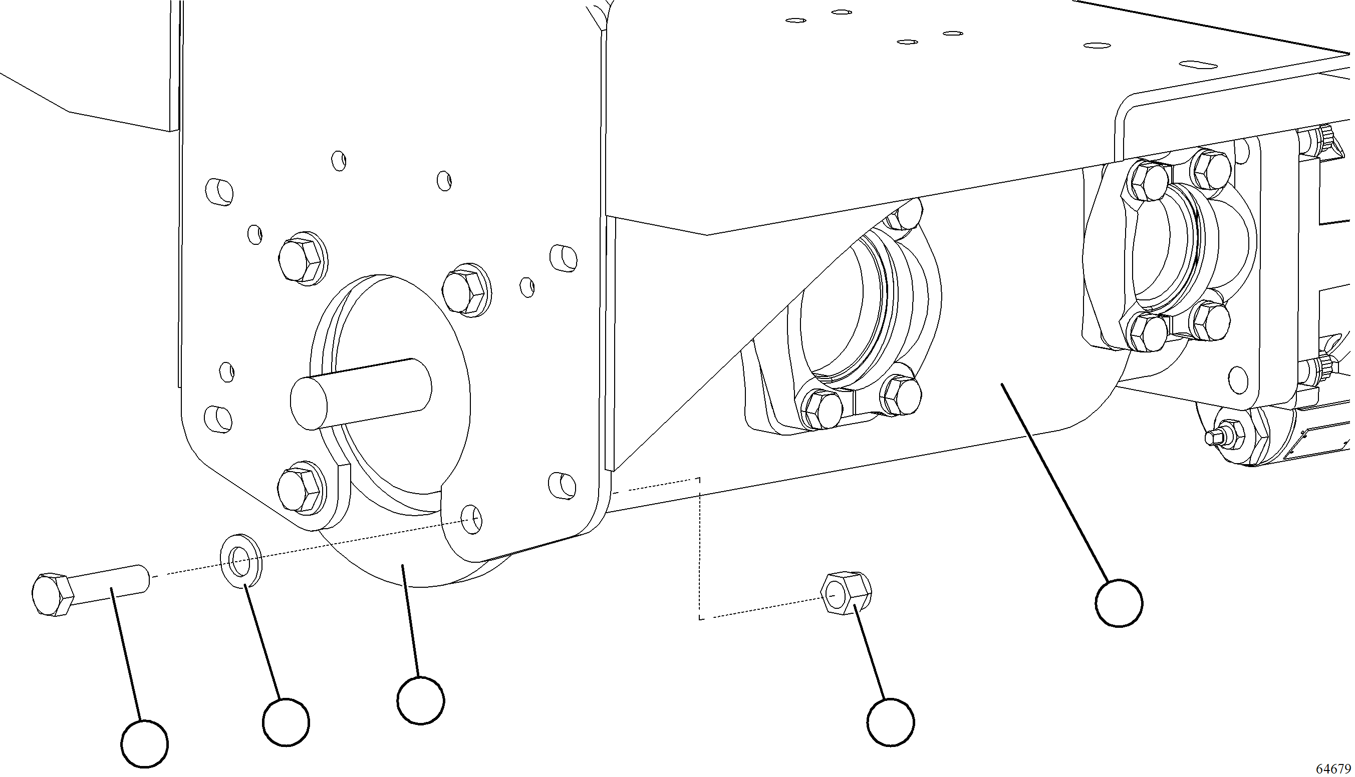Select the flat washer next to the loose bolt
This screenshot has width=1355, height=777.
(x=241, y=561)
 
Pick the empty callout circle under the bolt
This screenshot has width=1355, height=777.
(x=144, y=744)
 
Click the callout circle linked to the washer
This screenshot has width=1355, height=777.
(x=286, y=722)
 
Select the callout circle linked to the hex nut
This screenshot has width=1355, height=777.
(x=890, y=722)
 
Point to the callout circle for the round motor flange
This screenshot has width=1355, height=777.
(x=421, y=701)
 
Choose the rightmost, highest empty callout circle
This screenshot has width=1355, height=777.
(x=1119, y=604)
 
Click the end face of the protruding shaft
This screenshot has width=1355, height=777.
(x=309, y=403)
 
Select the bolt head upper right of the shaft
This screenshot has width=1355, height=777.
(x=465, y=291)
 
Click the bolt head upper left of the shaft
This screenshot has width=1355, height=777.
(x=301, y=259)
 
